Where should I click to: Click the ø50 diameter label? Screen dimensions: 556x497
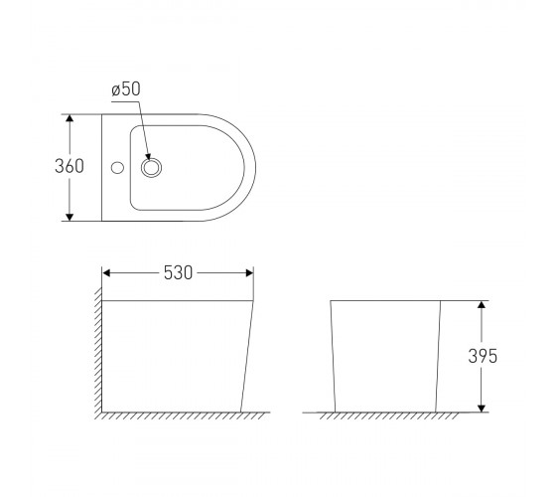[x=126, y=89]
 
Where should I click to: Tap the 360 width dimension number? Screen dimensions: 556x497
[x=69, y=166]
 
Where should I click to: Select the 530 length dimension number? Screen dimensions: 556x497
[x=178, y=273]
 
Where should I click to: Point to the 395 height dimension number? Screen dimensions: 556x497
[x=483, y=356]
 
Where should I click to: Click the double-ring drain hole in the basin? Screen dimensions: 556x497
[x=151, y=168]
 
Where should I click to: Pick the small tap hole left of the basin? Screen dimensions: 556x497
[x=117, y=168]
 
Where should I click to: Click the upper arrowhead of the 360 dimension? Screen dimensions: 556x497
[x=69, y=118]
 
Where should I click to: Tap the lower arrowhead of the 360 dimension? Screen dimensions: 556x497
[x=69, y=217]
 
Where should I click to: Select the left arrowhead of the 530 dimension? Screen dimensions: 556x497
[x=106, y=273]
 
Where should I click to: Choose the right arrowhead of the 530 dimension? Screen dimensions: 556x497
[x=249, y=273]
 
